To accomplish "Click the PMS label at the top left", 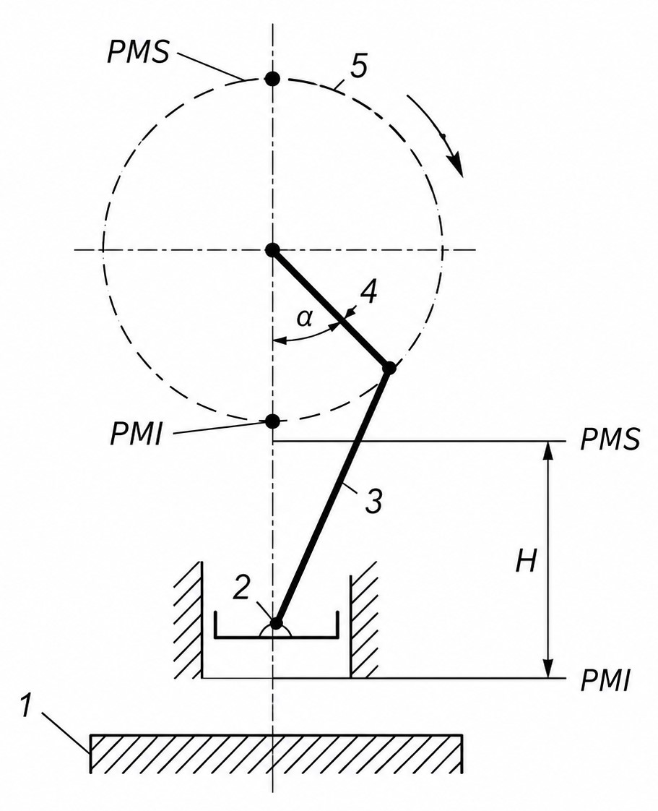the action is click(x=138, y=51).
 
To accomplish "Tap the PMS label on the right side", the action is click(x=610, y=439).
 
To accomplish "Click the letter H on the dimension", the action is click(x=527, y=561).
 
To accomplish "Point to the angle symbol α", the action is click(x=305, y=319).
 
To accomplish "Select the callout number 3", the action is click(x=373, y=500).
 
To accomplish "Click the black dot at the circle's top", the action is click(x=272, y=79).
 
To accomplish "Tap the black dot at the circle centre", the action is click(x=272, y=250).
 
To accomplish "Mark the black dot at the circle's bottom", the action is click(x=272, y=421).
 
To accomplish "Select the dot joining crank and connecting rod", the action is click(x=389, y=368).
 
